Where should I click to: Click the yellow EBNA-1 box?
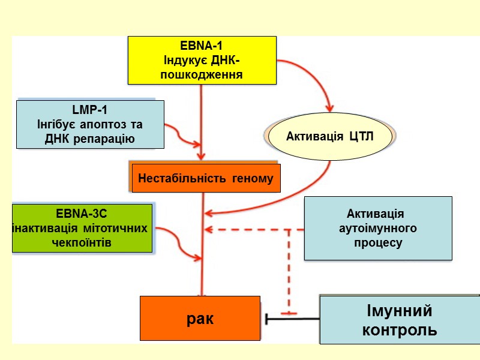[x=202, y=60]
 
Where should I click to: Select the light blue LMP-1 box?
[x=90, y=124]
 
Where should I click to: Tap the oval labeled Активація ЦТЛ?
[x=330, y=136]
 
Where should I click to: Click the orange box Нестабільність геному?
[x=206, y=178]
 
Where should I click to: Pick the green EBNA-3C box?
[x=83, y=228]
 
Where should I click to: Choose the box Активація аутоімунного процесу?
[x=378, y=229]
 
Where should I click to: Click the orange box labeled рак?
[x=200, y=318]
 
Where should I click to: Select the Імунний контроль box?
[x=399, y=320]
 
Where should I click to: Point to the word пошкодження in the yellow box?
[x=202, y=75]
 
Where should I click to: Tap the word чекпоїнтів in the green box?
[x=82, y=242]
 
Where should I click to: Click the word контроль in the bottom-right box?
[x=399, y=329]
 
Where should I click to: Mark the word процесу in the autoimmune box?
[x=379, y=243]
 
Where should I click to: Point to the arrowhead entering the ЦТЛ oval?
[x=328, y=108]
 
